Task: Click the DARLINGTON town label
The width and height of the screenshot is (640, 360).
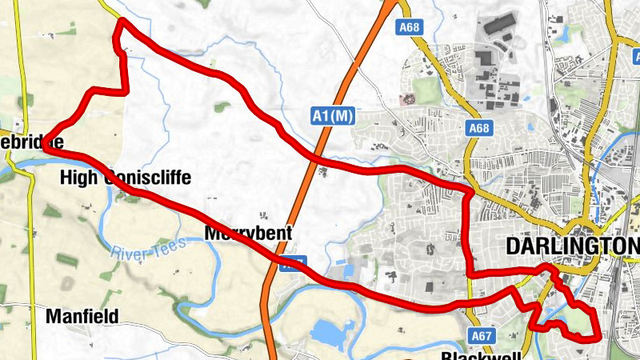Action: coord(573,246)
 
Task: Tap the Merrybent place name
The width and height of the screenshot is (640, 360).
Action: coord(244,234)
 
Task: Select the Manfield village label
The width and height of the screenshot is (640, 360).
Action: coord(82,315)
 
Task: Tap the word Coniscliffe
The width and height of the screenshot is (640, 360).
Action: coord(148,177)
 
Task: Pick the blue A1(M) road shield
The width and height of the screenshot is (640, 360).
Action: coord(333,117)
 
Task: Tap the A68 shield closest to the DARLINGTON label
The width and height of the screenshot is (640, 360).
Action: coord(479,128)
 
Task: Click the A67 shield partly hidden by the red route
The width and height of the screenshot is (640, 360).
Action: coord(293,262)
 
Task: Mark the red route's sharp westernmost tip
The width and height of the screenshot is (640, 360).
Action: coord(43,147)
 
